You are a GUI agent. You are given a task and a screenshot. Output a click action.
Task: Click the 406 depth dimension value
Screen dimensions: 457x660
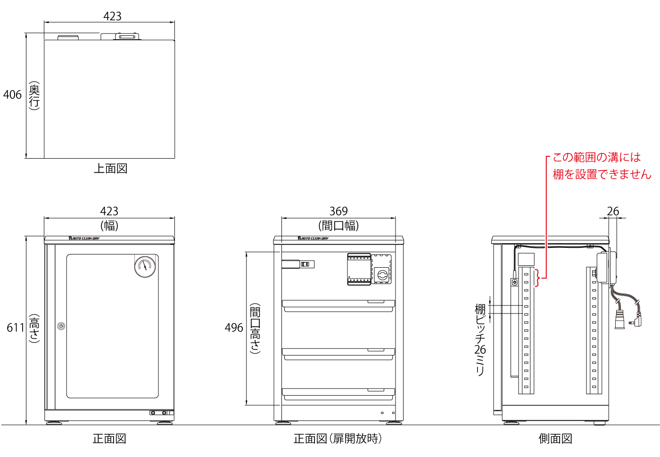click(12, 95)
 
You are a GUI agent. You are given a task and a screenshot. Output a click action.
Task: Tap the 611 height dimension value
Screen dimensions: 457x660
click(15, 328)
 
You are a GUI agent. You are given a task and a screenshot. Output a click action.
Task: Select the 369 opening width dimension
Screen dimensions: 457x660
click(338, 211)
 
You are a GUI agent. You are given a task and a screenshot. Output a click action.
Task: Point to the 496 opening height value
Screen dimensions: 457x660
click(234, 328)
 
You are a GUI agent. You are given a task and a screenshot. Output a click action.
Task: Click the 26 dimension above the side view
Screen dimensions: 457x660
click(613, 211)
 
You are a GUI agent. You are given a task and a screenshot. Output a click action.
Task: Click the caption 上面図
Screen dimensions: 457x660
click(111, 169)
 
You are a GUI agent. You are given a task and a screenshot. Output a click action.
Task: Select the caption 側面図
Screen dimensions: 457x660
click(555, 439)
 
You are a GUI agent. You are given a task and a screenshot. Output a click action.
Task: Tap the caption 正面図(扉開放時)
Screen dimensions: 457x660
click(338, 439)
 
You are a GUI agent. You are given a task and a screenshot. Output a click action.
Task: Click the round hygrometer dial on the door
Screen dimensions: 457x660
click(145, 267)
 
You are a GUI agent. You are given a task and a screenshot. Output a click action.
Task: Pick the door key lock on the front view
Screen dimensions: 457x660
click(61, 326)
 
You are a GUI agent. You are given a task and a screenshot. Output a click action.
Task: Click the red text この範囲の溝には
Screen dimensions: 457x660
click(596, 157)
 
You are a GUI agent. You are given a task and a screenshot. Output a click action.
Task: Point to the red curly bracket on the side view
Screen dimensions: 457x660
click(537, 278)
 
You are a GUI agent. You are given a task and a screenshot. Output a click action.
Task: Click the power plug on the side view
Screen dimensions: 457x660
click(619, 320)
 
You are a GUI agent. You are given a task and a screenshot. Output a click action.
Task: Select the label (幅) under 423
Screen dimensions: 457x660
click(109, 225)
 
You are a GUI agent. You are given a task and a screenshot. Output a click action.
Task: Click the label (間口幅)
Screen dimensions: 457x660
click(338, 225)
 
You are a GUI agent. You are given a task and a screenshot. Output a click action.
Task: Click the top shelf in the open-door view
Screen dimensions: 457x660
click(338, 306)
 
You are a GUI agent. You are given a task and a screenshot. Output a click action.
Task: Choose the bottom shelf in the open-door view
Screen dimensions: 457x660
click(338, 394)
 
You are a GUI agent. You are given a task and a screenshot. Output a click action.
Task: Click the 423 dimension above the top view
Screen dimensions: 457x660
click(112, 16)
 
